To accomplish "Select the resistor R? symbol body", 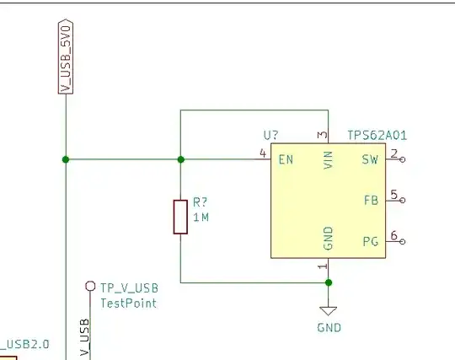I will (x=180, y=216).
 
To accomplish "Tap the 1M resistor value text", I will (x=201, y=218).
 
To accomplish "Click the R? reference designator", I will (x=200, y=202).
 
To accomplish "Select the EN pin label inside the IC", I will (x=286, y=159).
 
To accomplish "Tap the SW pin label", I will (x=370, y=159).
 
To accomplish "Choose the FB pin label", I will (x=370, y=200).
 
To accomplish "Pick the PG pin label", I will (x=370, y=242).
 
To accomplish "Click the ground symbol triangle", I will (x=329, y=309).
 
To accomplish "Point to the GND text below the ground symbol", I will (x=329, y=327).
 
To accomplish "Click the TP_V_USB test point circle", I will (x=90, y=287).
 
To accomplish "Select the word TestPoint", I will (x=128, y=303).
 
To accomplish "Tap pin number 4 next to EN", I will (x=264, y=153).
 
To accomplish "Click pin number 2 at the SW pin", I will (x=393, y=153).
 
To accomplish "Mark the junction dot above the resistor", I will (x=180, y=159).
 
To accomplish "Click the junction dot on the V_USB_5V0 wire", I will (x=65, y=159).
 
